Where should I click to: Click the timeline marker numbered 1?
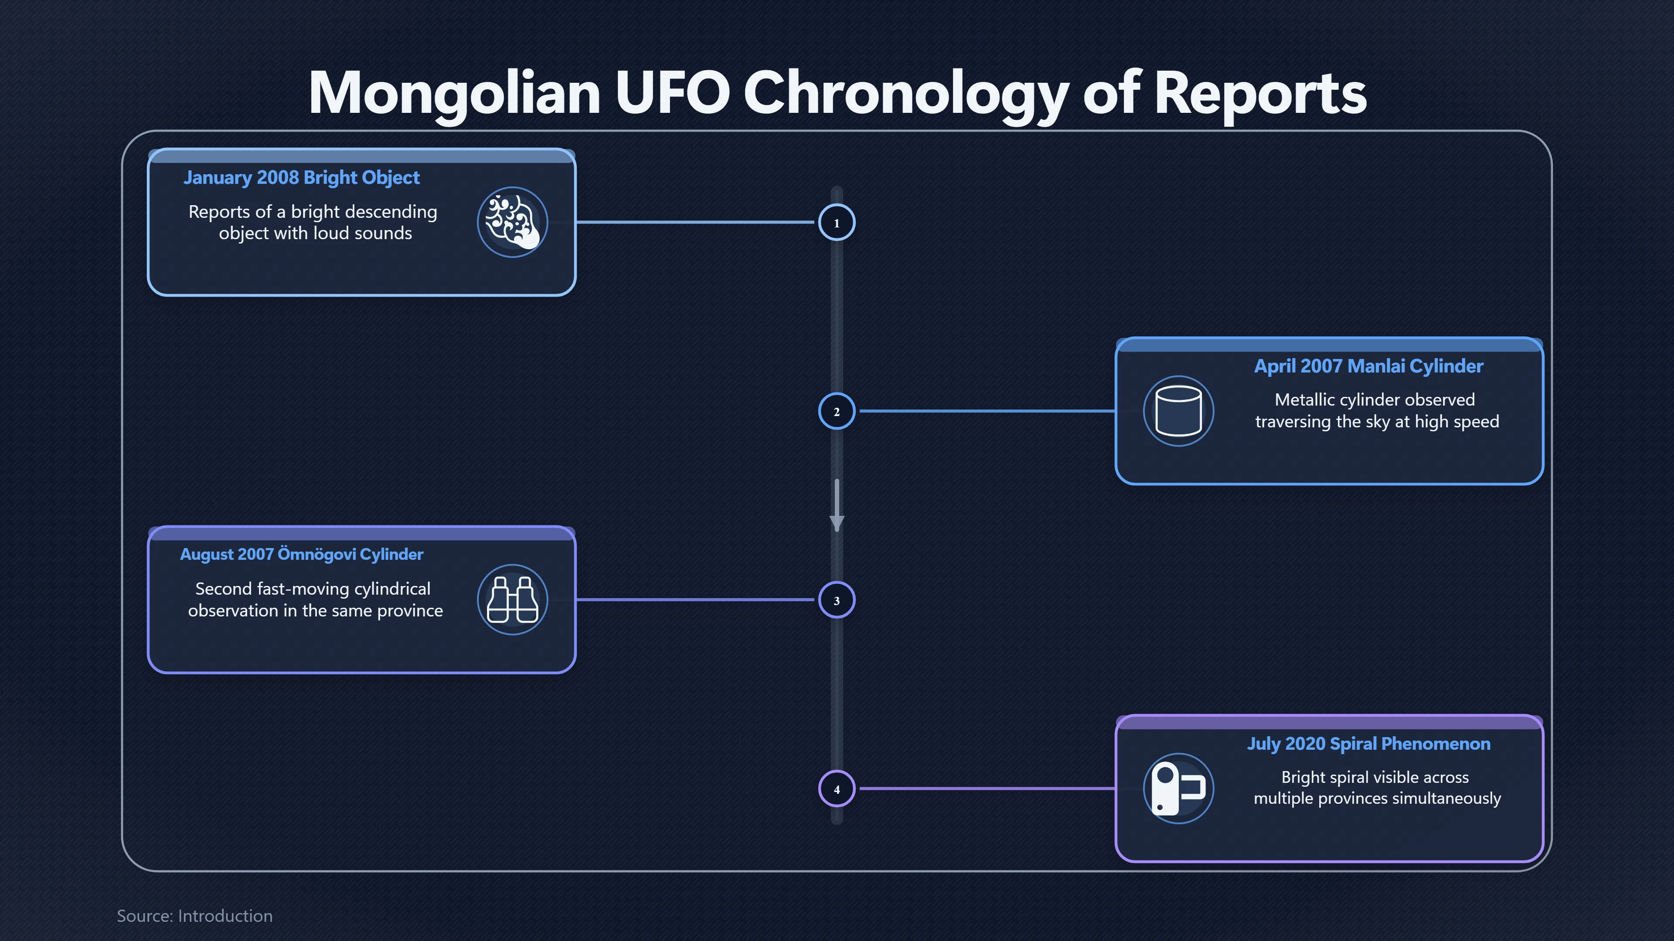pos(837,223)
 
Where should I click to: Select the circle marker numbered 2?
pos(837,411)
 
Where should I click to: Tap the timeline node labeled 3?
pos(837,600)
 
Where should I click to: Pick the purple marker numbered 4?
pos(837,789)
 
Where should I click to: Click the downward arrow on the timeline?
pos(837,505)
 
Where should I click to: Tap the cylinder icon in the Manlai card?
pos(1178,411)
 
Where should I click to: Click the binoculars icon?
pos(512,599)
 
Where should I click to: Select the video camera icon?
pos(1178,789)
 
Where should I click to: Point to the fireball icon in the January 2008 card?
pos(512,222)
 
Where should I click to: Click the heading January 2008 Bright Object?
pos(302,178)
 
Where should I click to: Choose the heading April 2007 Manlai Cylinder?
pos(1368,366)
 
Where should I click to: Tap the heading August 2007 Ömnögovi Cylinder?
pos(302,555)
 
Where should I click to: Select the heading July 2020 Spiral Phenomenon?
pos(1368,744)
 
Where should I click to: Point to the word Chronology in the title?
pos(906,95)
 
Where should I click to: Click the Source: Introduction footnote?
pos(195,916)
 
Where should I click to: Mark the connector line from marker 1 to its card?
pos(695,222)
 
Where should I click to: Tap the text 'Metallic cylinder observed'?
pos(1375,399)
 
